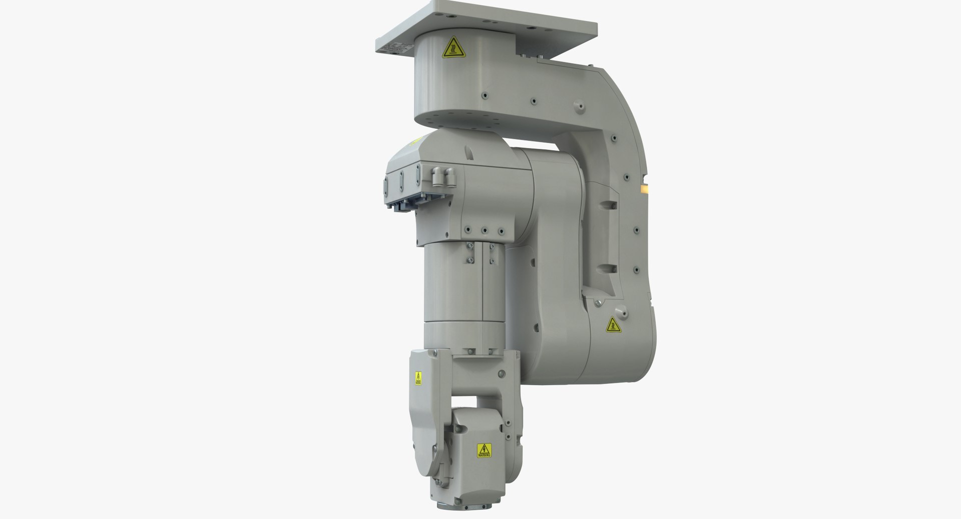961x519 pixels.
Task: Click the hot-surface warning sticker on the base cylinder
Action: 452,47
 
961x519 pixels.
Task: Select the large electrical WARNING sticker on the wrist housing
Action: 484,450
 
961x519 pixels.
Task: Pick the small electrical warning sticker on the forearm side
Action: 418,378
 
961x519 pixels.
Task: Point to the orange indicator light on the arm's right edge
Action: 645,188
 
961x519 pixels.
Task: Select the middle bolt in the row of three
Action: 484,231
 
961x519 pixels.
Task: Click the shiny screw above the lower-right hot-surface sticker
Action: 598,302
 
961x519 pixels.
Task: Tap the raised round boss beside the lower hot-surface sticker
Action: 625,313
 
